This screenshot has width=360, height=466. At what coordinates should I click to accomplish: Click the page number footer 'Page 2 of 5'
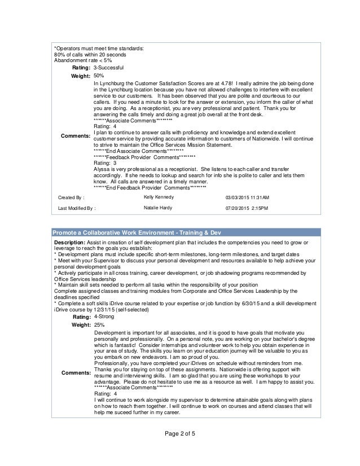click(x=180, y=449)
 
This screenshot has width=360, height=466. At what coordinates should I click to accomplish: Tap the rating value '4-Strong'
click(x=106, y=317)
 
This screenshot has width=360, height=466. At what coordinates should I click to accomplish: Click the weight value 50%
click(x=99, y=75)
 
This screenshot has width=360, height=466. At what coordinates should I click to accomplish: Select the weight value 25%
click(x=99, y=325)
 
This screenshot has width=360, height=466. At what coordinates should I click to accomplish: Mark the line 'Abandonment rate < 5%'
click(x=82, y=60)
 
